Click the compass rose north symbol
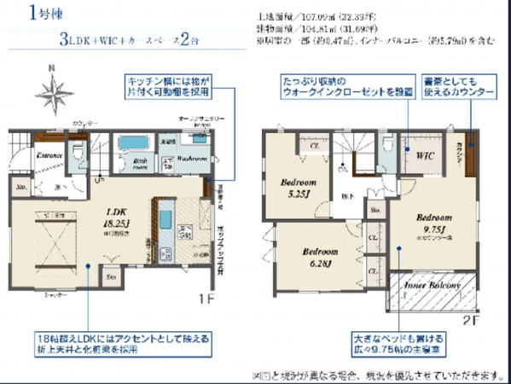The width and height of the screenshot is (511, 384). [x=59, y=89]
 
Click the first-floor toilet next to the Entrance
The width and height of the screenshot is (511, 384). [x=78, y=152]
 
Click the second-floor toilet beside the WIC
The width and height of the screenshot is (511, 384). [x=389, y=148]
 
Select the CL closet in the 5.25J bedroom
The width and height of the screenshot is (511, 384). [x=315, y=146]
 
